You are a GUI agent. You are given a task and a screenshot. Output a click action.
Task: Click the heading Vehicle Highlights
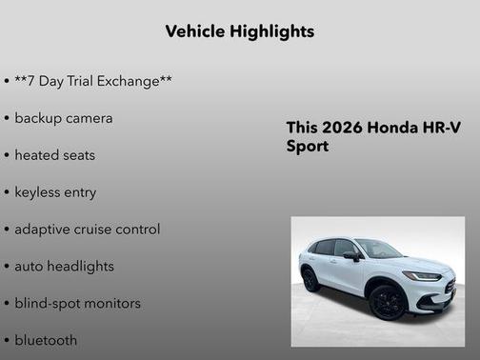[239, 31]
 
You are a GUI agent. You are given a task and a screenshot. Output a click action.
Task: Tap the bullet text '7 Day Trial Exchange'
[93, 81]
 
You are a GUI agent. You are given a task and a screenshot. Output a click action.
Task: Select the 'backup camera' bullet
[63, 118]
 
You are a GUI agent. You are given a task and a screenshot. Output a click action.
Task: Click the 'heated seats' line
[54, 155]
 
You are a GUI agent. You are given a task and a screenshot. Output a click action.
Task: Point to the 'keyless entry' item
[55, 192]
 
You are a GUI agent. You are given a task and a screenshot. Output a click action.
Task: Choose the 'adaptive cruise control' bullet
[87, 230]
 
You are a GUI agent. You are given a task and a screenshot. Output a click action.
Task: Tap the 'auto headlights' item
[64, 267]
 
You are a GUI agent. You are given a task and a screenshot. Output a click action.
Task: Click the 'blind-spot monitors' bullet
[77, 304]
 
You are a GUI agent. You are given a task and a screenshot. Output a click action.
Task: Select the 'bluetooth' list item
[46, 340]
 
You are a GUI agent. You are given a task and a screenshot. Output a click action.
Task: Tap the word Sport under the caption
[307, 147]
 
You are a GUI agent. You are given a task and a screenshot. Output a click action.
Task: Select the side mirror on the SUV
[352, 256]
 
